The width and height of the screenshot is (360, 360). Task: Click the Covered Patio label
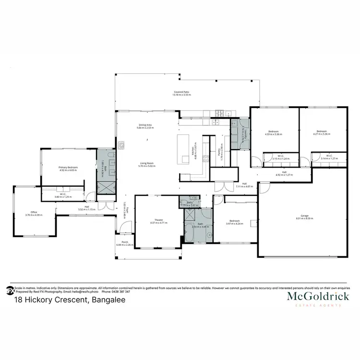click(x=182, y=92)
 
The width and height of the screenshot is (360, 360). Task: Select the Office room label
click(x=34, y=212)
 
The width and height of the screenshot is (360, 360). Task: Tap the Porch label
click(x=124, y=242)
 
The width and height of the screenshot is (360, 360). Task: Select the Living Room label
click(x=146, y=163)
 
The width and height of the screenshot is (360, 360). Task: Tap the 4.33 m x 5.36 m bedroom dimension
click(x=273, y=134)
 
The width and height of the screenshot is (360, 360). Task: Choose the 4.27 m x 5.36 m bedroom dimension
click(x=322, y=134)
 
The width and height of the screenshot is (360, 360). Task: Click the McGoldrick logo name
click(x=318, y=297)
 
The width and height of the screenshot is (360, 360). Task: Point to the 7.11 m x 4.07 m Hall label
click(x=244, y=186)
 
